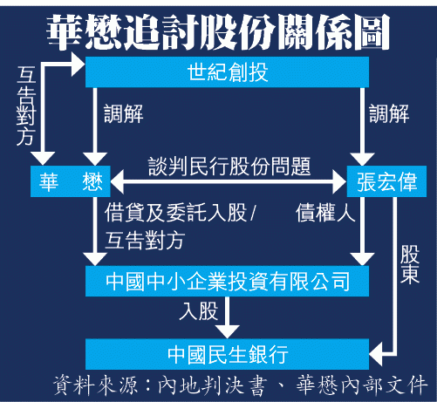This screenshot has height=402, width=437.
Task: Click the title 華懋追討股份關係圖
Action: [x=218, y=32]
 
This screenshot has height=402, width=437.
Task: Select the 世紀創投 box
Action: [x=227, y=72]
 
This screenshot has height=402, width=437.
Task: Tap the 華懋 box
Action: [x=71, y=181]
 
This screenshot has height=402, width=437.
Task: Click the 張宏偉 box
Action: [x=386, y=181]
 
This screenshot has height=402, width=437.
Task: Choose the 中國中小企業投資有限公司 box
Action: [x=227, y=281]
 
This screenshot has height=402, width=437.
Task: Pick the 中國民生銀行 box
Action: [x=227, y=354]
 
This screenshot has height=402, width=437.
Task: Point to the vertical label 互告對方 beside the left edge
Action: [x=26, y=106]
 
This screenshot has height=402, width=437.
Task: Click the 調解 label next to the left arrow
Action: [x=124, y=113]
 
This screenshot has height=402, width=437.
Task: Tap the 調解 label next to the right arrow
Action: [x=389, y=113]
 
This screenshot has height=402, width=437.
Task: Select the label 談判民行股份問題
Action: [x=229, y=167]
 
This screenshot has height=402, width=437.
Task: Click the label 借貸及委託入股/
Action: [x=181, y=213]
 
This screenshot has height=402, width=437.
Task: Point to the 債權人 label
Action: [x=325, y=213]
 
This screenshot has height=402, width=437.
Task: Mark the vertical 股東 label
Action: [x=410, y=264]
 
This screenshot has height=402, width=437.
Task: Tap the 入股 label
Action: [x=199, y=310]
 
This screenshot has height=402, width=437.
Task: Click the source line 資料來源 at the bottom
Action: [x=240, y=385]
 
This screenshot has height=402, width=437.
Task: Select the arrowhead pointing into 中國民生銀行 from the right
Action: [x=376, y=354]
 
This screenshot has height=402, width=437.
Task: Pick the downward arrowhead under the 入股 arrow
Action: [x=227, y=332]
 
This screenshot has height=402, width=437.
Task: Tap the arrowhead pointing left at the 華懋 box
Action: [x=117, y=182]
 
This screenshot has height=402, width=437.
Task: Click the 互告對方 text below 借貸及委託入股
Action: [x=145, y=241]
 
